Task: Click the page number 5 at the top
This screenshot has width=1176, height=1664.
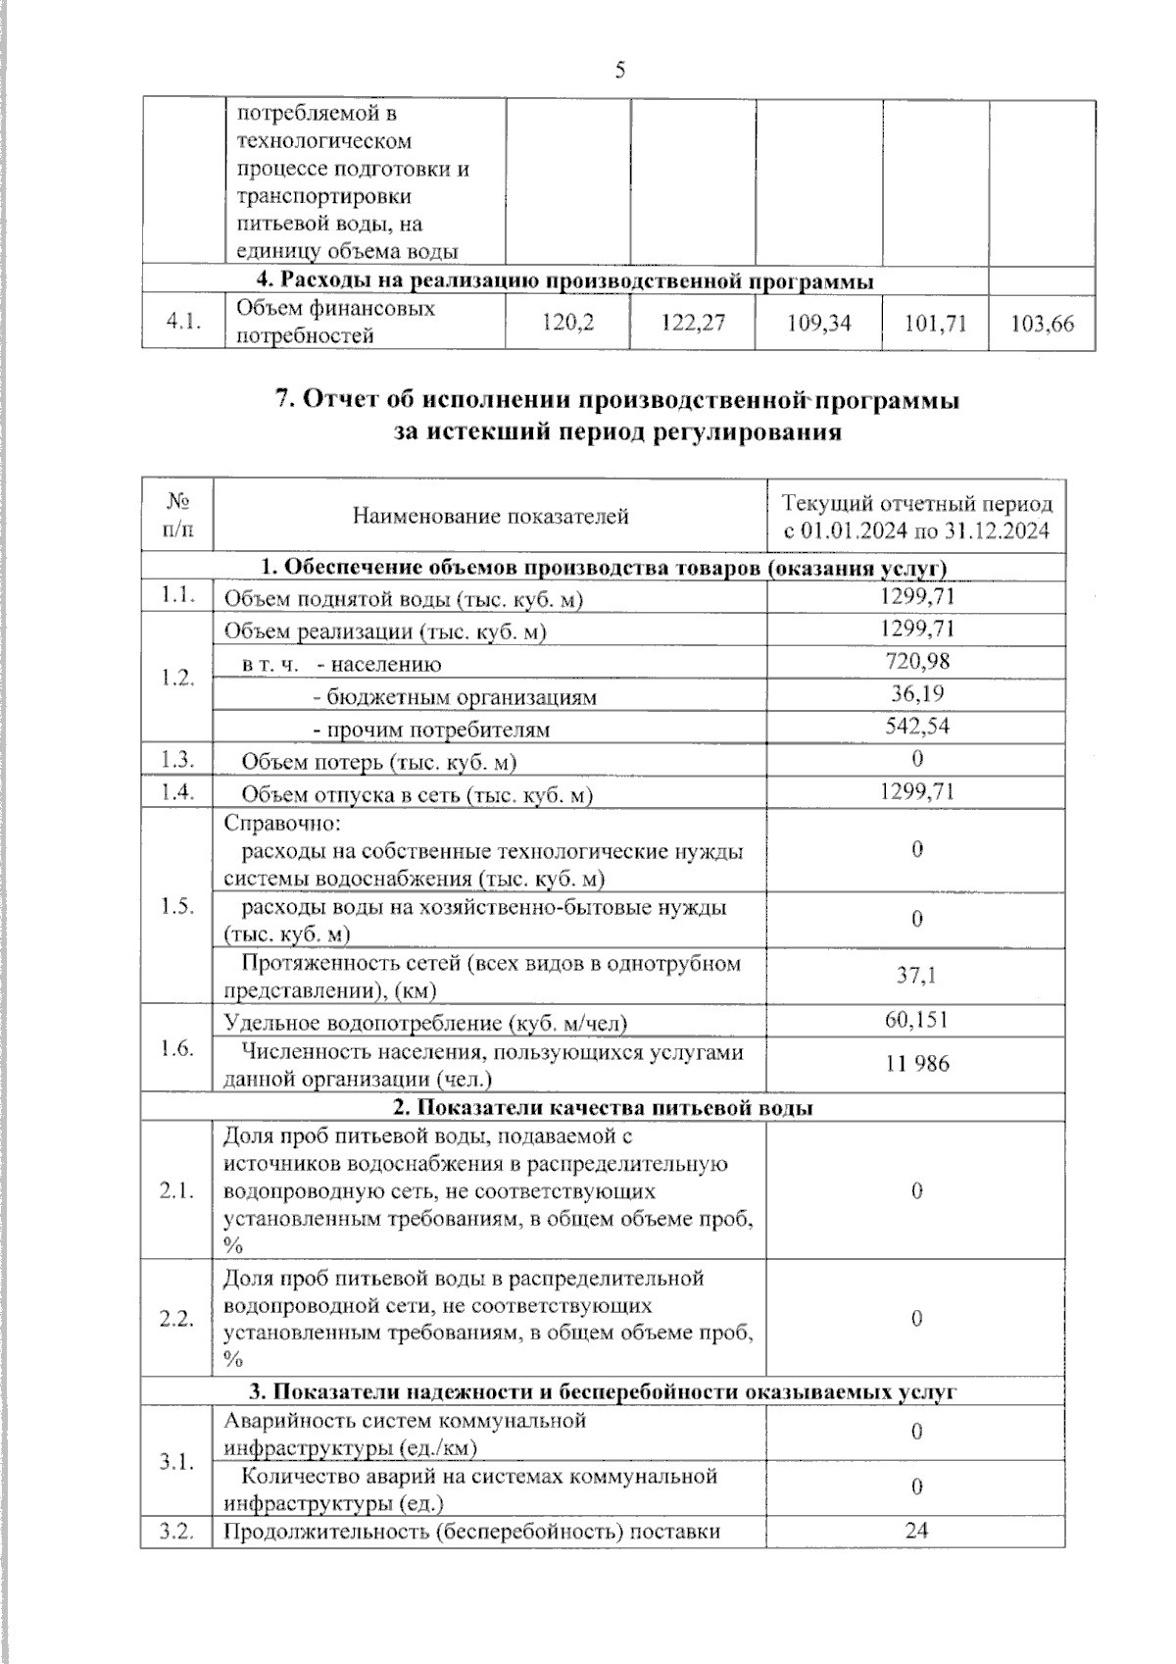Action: point(619,70)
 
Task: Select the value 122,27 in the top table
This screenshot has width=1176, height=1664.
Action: point(693,323)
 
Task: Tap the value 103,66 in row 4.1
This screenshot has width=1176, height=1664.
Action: point(1043,323)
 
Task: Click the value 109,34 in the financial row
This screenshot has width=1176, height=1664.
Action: point(819,323)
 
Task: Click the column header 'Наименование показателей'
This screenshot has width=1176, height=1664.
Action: point(490,516)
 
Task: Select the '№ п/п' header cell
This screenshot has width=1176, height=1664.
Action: point(177,516)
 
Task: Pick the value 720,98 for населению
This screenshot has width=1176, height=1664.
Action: point(916,662)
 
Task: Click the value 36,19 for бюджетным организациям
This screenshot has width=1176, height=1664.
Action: point(916,693)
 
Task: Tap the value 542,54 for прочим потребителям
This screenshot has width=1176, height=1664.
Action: point(916,726)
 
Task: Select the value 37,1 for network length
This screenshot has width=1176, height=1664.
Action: point(916,975)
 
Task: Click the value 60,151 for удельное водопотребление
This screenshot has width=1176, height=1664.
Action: point(916,1020)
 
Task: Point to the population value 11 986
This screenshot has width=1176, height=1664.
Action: point(916,1064)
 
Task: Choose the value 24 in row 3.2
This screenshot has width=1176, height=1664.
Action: point(916,1530)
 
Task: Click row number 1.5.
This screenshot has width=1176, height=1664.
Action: point(177,906)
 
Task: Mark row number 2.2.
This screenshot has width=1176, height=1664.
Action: point(177,1318)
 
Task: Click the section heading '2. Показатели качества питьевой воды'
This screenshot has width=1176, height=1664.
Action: point(603,1108)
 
